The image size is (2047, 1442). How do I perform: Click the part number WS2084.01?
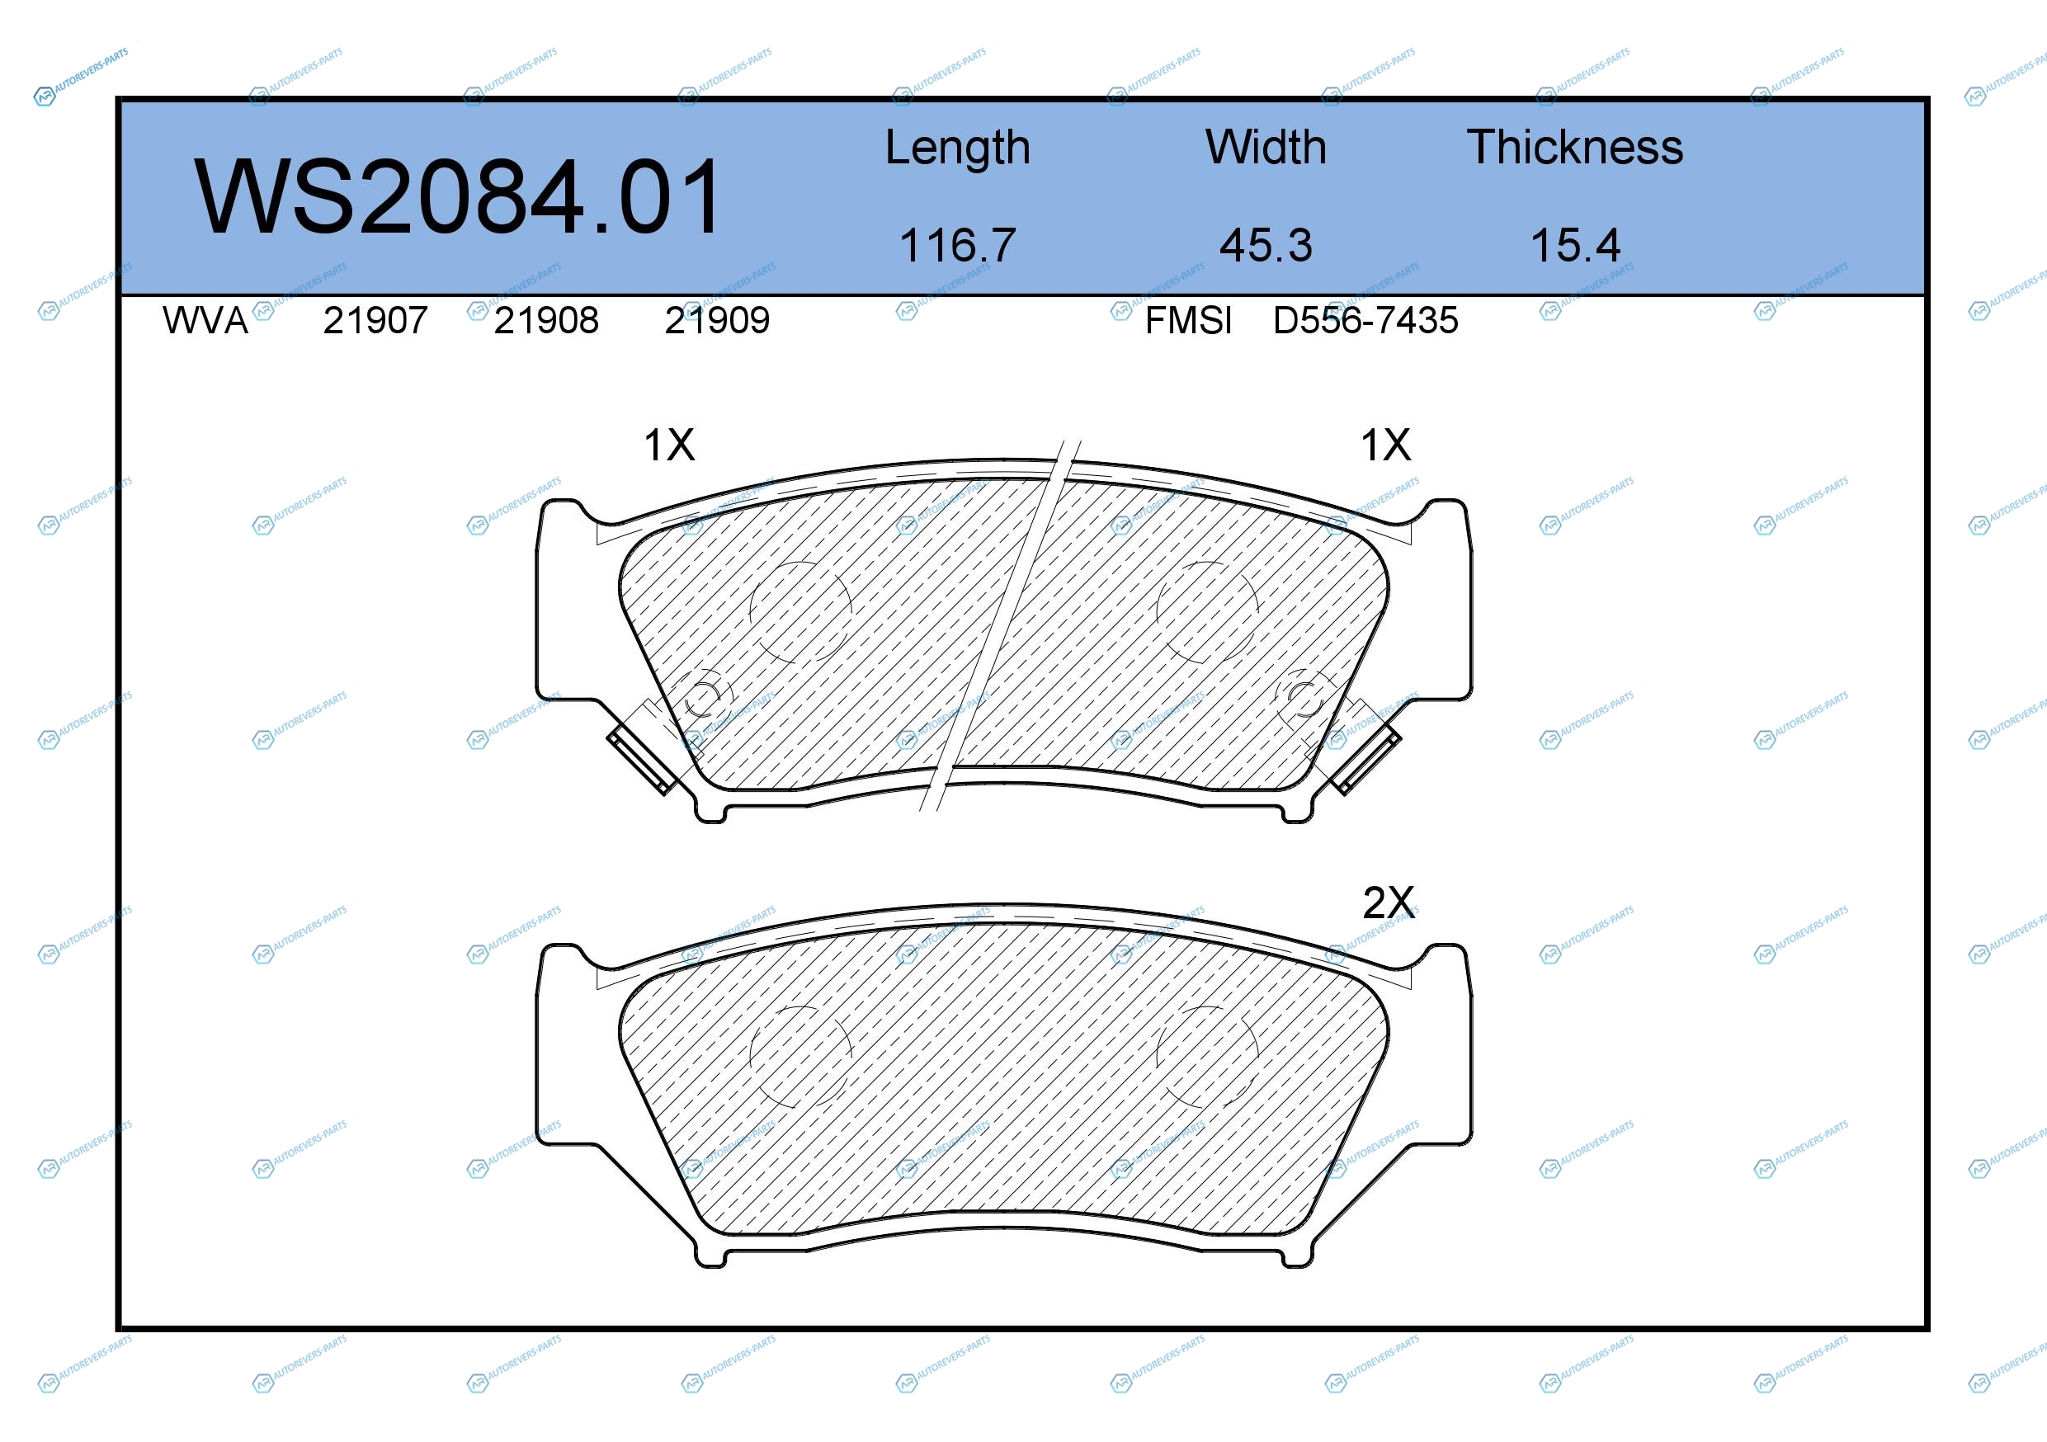coord(458,196)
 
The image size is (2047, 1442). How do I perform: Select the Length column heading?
coord(958,148)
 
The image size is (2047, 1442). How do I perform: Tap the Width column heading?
coord(1266,147)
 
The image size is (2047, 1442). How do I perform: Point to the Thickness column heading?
coord(1574,147)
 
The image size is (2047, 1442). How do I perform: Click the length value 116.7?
coord(958,245)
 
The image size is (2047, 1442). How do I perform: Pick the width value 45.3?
coord(1266,245)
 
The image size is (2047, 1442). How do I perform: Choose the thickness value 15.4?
coord(1575,245)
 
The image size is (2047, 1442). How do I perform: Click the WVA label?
coord(205,320)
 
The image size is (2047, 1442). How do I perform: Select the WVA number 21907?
coord(375,320)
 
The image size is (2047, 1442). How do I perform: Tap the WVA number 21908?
coord(546,320)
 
